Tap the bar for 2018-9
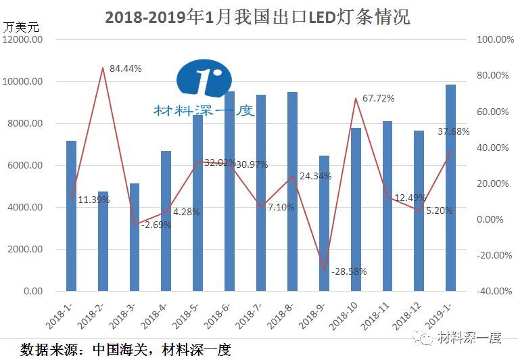324,223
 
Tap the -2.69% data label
156,225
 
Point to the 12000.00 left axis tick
23,40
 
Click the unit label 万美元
22,27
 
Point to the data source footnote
125,349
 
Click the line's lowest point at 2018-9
324,270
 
